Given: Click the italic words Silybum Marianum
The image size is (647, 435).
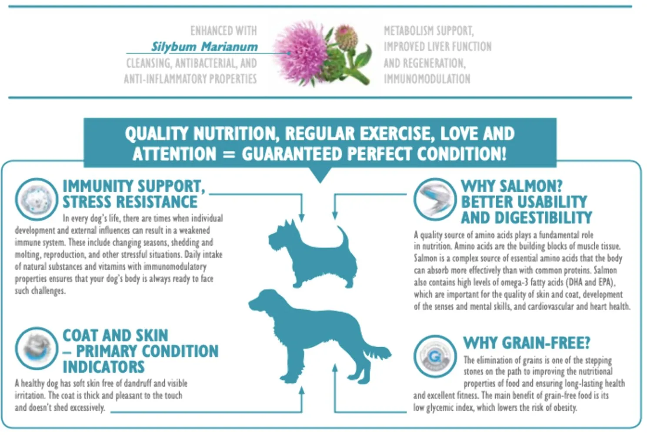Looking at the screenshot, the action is pyautogui.click(x=204, y=47).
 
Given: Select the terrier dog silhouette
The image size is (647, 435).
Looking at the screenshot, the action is pyautogui.click(x=313, y=254).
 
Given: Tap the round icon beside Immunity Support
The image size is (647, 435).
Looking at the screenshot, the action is pyautogui.click(x=37, y=199).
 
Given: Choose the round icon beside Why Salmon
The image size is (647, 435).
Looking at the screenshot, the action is pyautogui.click(x=435, y=199).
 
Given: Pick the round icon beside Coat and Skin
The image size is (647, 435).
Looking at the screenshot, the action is pyautogui.click(x=37, y=348).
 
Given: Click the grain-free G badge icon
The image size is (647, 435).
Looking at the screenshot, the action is pyautogui.click(x=435, y=356).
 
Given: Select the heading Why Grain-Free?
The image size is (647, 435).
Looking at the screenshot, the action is pyautogui.click(x=526, y=343).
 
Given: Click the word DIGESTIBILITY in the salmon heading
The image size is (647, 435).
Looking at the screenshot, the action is pyautogui.click(x=543, y=217).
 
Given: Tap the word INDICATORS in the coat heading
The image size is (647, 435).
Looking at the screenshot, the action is pyautogui.click(x=103, y=367).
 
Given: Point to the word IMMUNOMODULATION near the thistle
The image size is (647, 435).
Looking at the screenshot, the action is pyautogui.click(x=427, y=79).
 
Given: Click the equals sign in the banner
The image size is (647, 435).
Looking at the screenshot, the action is pyautogui.click(x=229, y=154).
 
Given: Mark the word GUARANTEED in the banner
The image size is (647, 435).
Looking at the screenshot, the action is pyautogui.click(x=292, y=154).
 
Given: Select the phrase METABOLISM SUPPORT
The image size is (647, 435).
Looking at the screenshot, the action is pyautogui.click(x=429, y=31).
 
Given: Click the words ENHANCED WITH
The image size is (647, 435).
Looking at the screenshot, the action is pyautogui.click(x=223, y=30).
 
